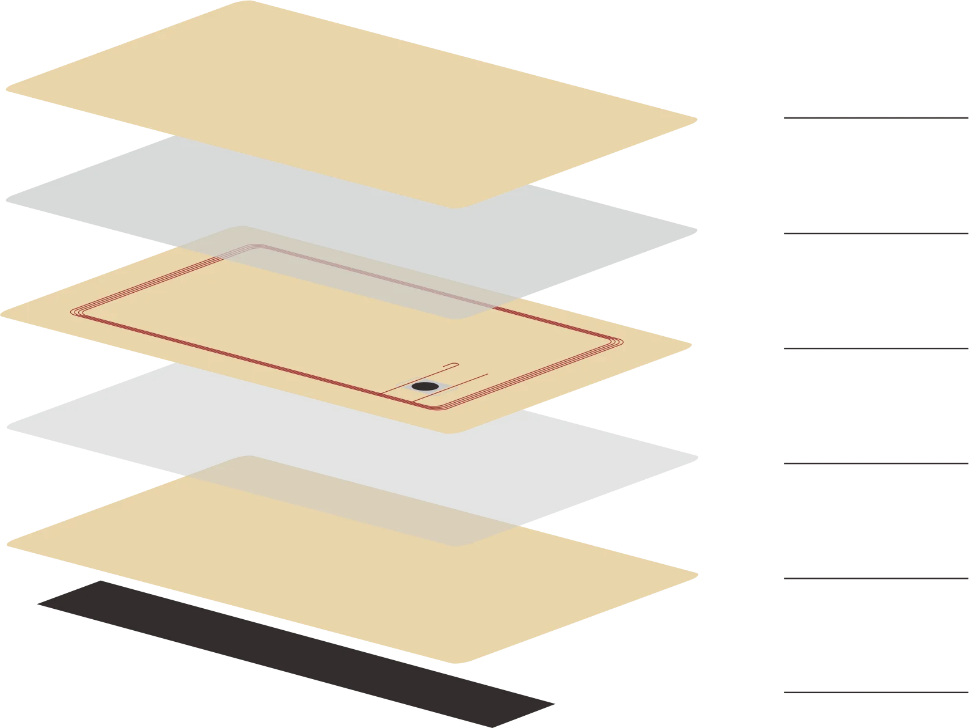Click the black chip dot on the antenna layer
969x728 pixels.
[425, 386]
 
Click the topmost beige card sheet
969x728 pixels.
[348, 98]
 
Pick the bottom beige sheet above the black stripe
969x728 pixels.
[367, 587]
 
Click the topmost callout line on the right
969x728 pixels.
[875, 117]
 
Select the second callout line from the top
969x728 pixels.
[875, 232]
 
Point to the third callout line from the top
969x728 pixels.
[875, 350]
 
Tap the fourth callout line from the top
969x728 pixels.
[875, 462]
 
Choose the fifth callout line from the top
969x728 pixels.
[875, 579]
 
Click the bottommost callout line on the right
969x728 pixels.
[875, 692]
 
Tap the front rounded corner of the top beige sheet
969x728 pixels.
[455, 206]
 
